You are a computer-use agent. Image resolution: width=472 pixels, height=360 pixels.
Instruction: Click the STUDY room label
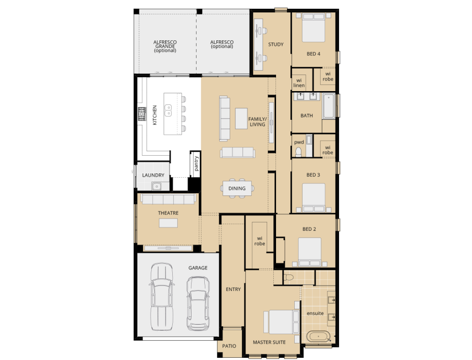pos(275,44)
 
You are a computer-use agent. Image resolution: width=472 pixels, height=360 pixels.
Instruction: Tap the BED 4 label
pos(314,54)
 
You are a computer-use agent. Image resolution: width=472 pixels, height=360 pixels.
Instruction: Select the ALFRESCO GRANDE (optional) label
pos(165,46)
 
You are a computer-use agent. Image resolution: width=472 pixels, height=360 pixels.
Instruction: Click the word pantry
pos(196,164)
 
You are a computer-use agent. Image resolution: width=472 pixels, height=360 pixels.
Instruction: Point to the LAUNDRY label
pos(153,176)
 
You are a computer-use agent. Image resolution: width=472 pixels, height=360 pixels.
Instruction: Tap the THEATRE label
pos(168,213)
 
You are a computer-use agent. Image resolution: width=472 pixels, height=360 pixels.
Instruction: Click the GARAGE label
pos(198,268)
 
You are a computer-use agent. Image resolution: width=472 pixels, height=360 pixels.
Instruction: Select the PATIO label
pos(229,346)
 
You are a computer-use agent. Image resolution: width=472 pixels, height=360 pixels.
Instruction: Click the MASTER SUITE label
pos(269,342)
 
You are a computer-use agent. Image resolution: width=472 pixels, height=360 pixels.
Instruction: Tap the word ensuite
pos(315,313)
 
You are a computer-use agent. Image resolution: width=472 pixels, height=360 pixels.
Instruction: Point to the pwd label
pos(299,141)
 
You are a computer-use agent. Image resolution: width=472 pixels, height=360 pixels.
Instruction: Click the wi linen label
pos(299,83)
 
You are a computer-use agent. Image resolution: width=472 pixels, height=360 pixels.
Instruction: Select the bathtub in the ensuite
pos(317,336)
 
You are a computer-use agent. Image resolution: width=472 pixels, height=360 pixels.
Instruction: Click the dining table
pos(237,188)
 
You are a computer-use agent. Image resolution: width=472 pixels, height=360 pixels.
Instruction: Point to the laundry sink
pos(157,186)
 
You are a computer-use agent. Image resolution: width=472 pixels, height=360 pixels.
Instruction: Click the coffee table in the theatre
pos(168,223)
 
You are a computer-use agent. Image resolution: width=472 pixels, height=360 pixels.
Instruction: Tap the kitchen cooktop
pos(141,114)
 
